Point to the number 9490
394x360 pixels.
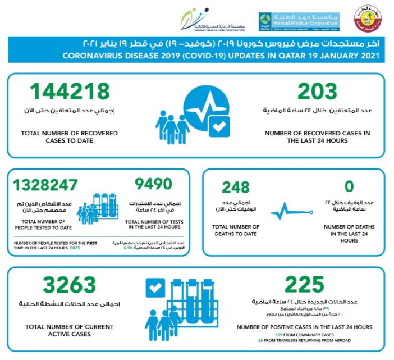[154, 186]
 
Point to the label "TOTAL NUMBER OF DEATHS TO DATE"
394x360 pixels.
[235, 230]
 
